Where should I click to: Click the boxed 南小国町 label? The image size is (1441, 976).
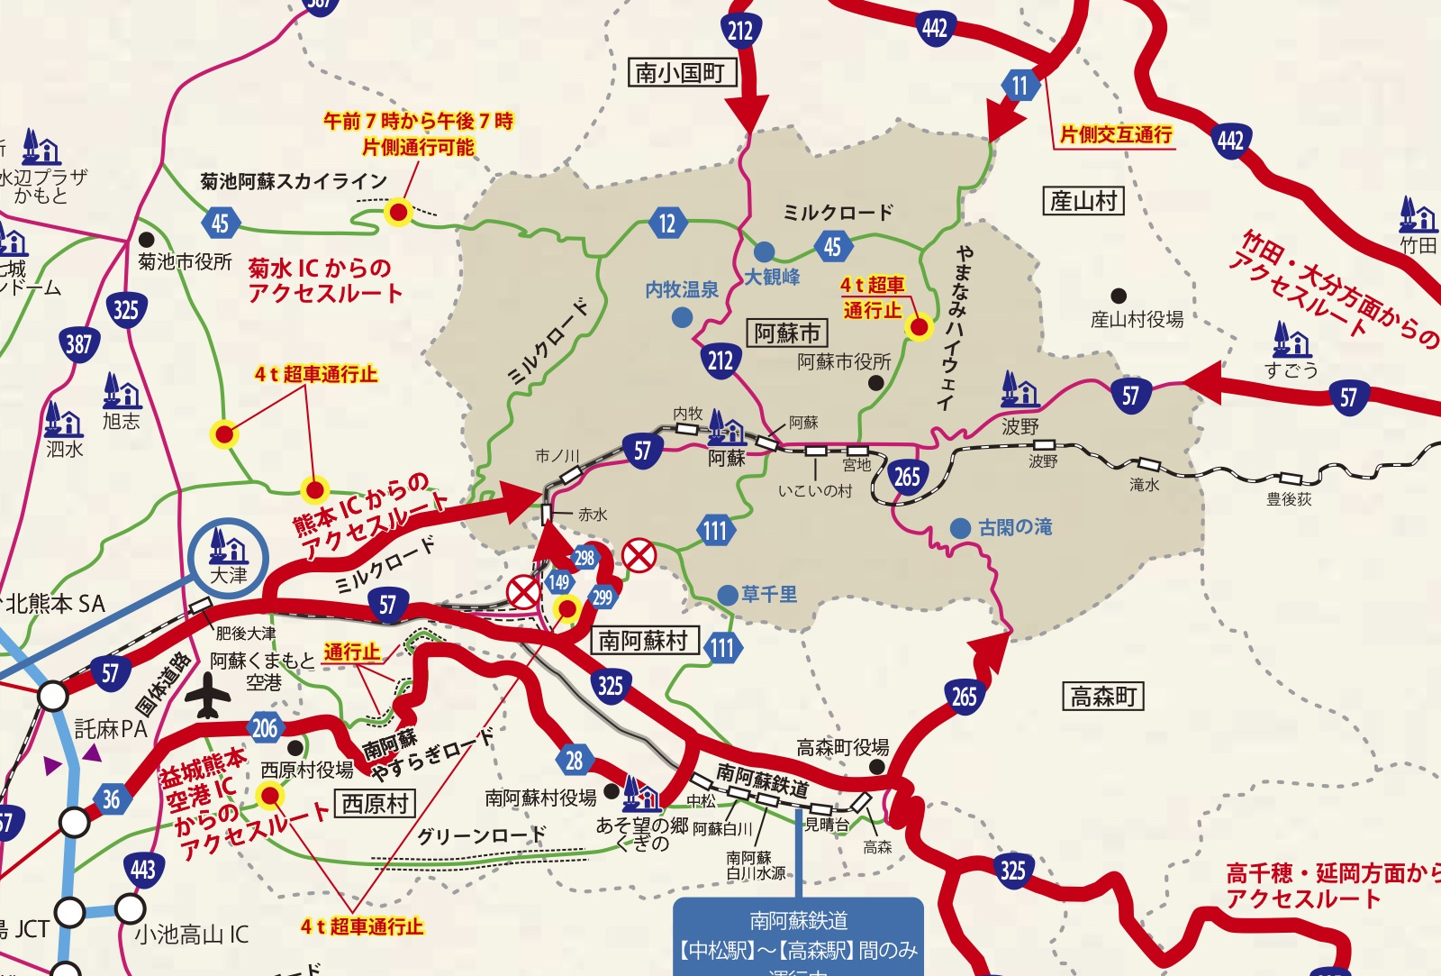(681, 72)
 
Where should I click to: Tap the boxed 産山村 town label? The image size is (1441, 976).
(1083, 200)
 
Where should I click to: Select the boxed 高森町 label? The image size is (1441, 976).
(1103, 696)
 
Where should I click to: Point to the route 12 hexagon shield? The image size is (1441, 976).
(666, 223)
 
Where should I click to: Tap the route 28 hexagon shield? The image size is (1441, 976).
(575, 760)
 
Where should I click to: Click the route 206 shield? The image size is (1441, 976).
(265, 728)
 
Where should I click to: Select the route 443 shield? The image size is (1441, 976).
(143, 870)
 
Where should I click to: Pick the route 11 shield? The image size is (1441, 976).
(1020, 87)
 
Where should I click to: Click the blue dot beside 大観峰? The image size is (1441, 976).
(764, 251)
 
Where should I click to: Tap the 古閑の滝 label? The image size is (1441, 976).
(1015, 527)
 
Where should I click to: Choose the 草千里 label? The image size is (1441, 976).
(769, 595)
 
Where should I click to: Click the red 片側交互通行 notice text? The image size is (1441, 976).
(1116, 135)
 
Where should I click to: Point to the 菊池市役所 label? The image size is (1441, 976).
(186, 261)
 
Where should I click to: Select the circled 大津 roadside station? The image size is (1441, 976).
(228, 559)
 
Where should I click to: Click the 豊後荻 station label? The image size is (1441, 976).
(1289, 499)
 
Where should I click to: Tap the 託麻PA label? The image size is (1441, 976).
(111, 728)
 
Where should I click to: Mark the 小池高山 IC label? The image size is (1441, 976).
(192, 935)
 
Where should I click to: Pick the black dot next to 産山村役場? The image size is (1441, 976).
(1119, 296)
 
